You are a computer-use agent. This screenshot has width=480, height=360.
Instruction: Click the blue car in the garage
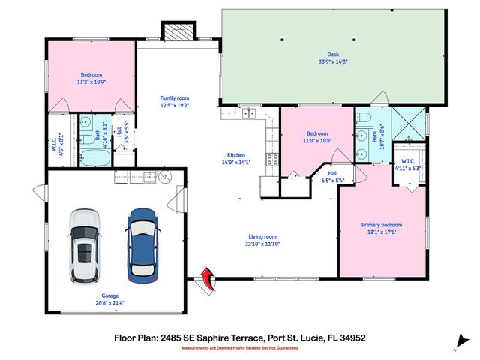click(x=142, y=243)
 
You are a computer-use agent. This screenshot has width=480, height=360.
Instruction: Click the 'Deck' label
click(x=332, y=55)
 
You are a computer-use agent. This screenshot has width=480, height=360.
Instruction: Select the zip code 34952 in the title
click(x=351, y=338)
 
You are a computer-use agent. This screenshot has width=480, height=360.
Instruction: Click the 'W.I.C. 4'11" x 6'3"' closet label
click(x=409, y=164)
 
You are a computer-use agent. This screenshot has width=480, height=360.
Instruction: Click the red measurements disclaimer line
click(x=240, y=347)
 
